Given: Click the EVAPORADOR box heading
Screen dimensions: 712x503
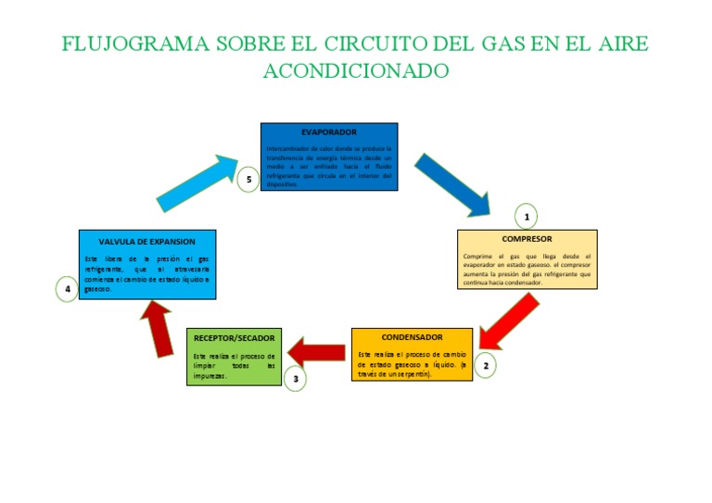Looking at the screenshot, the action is click(328, 132).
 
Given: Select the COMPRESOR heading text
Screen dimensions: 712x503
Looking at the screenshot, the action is click(527, 239).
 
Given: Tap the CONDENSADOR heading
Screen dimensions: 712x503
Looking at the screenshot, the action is click(412, 337).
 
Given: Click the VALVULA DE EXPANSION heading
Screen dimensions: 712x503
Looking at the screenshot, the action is click(147, 241).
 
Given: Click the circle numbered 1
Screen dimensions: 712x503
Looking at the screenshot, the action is click(527, 217).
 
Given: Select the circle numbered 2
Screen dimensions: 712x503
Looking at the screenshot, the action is click(485, 366).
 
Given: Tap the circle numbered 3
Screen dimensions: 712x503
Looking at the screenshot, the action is click(296, 378).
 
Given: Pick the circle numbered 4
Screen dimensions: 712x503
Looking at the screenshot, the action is click(67, 290).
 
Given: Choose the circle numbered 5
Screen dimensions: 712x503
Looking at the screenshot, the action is click(248, 179).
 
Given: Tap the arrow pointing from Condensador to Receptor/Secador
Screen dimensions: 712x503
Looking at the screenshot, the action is click(317, 352).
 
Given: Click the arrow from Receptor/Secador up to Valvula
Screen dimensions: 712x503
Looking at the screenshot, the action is click(159, 328).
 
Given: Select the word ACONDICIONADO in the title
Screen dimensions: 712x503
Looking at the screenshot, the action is click(356, 70).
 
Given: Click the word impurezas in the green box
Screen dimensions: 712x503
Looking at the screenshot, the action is click(210, 376).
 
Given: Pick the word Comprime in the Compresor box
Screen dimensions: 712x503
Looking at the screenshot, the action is click(478, 256).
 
